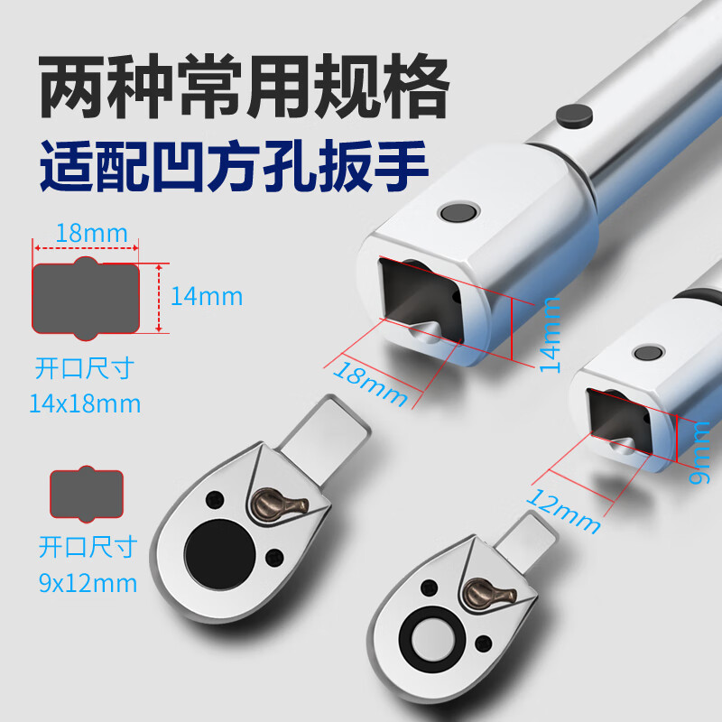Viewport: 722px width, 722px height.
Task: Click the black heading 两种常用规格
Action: (x=244, y=86)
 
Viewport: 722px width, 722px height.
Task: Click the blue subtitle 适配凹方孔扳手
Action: (x=234, y=166)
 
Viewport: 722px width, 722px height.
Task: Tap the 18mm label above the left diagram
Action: (x=92, y=234)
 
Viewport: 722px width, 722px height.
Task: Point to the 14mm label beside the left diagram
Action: (x=207, y=297)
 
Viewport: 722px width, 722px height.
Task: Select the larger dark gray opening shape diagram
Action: (x=86, y=299)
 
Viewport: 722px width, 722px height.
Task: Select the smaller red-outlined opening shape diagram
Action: (x=87, y=494)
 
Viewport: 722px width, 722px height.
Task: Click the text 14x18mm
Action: (x=85, y=403)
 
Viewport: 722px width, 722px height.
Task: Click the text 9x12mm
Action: (x=88, y=583)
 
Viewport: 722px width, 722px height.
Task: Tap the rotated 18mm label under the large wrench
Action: (x=370, y=384)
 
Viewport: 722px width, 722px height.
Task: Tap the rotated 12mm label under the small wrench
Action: (x=562, y=511)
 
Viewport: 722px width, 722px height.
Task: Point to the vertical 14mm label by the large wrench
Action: (x=550, y=335)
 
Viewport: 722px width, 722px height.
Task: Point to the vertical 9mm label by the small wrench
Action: (x=699, y=453)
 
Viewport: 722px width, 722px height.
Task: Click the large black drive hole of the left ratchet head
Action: (x=220, y=555)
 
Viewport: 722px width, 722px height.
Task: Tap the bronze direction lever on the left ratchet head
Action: (x=277, y=505)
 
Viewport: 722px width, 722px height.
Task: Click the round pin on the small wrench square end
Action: (x=648, y=353)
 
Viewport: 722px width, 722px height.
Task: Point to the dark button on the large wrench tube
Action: (x=574, y=116)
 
